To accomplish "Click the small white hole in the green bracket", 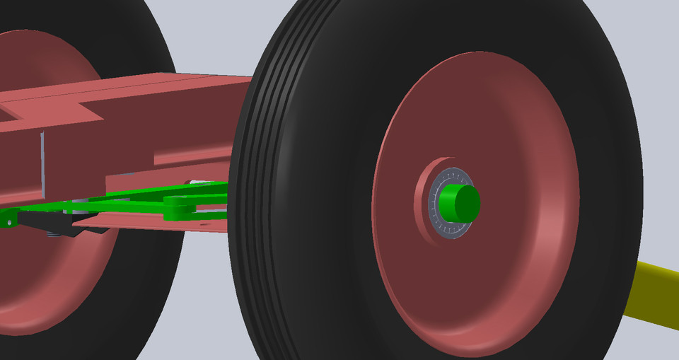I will click(x=9, y=222).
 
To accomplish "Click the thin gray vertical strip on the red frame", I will click(x=42, y=163).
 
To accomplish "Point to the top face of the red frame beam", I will click(x=141, y=88).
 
